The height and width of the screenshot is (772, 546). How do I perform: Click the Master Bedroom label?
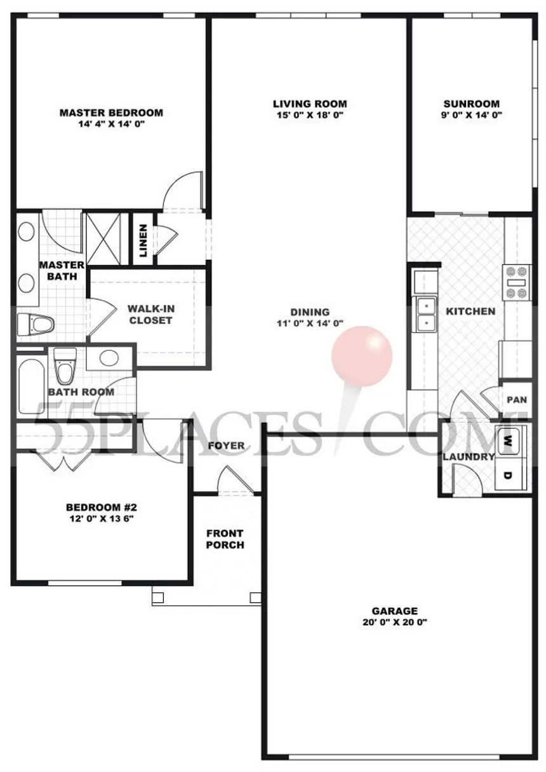click(111, 113)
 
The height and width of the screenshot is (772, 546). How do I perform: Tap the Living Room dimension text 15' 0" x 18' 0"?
click(310, 116)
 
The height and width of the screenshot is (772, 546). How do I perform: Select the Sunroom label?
click(471, 104)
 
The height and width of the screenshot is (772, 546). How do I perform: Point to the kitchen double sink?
click(425, 314)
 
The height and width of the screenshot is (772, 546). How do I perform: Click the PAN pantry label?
click(517, 400)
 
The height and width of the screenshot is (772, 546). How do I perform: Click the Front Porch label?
click(225, 539)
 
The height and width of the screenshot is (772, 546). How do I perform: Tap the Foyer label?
click(226, 445)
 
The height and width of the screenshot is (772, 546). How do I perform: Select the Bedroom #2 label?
click(102, 507)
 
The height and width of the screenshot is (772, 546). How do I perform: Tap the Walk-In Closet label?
click(150, 315)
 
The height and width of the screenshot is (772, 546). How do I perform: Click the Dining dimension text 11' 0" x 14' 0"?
click(310, 323)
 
